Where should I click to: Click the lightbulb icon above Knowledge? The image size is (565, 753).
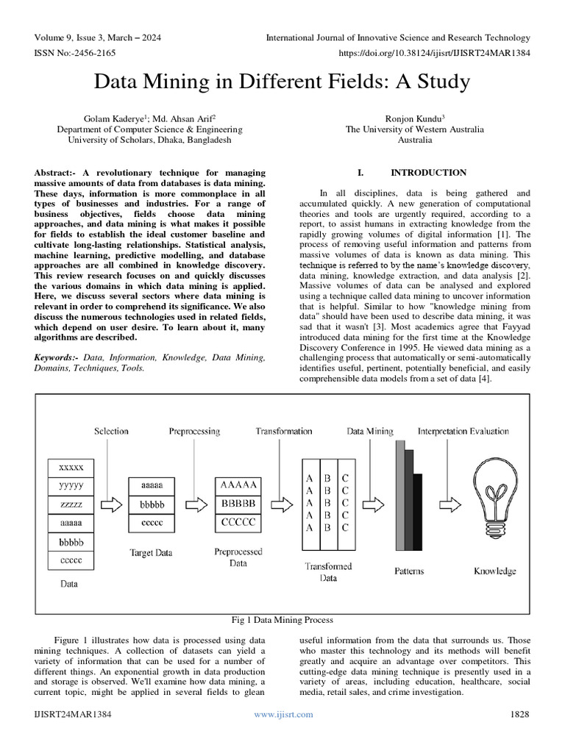coord(494,501)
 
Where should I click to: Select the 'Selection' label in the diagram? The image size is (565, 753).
coord(111,431)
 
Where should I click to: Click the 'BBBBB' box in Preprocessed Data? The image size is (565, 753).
coord(238,504)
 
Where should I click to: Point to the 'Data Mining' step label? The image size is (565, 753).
coord(370,432)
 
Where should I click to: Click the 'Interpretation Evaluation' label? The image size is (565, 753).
coord(463,432)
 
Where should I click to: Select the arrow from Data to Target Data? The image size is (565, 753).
coord(110,505)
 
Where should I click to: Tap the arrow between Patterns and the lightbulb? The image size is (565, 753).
coord(441,504)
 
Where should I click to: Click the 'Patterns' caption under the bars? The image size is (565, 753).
coord(408,571)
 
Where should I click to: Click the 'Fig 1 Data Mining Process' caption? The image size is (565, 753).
coord(282,620)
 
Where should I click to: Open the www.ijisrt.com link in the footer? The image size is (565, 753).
coord(283,714)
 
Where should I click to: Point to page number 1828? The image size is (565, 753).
coord(519,714)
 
